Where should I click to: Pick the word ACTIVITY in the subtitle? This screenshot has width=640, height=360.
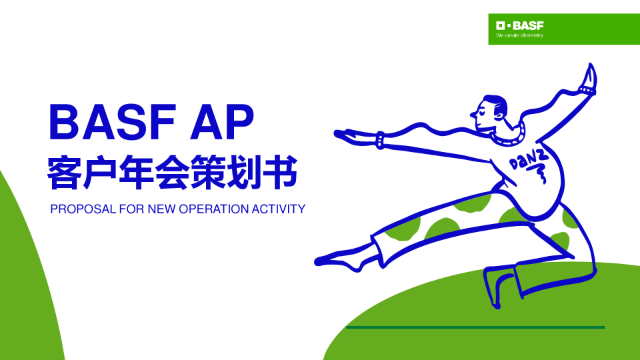coord(278,209)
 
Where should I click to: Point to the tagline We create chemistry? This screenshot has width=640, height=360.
coord(520,35)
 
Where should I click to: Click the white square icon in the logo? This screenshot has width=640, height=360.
coord(501,25)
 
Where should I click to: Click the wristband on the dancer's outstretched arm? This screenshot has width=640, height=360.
coord(380,140)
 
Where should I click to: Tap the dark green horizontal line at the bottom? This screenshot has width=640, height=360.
coord(475,327)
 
